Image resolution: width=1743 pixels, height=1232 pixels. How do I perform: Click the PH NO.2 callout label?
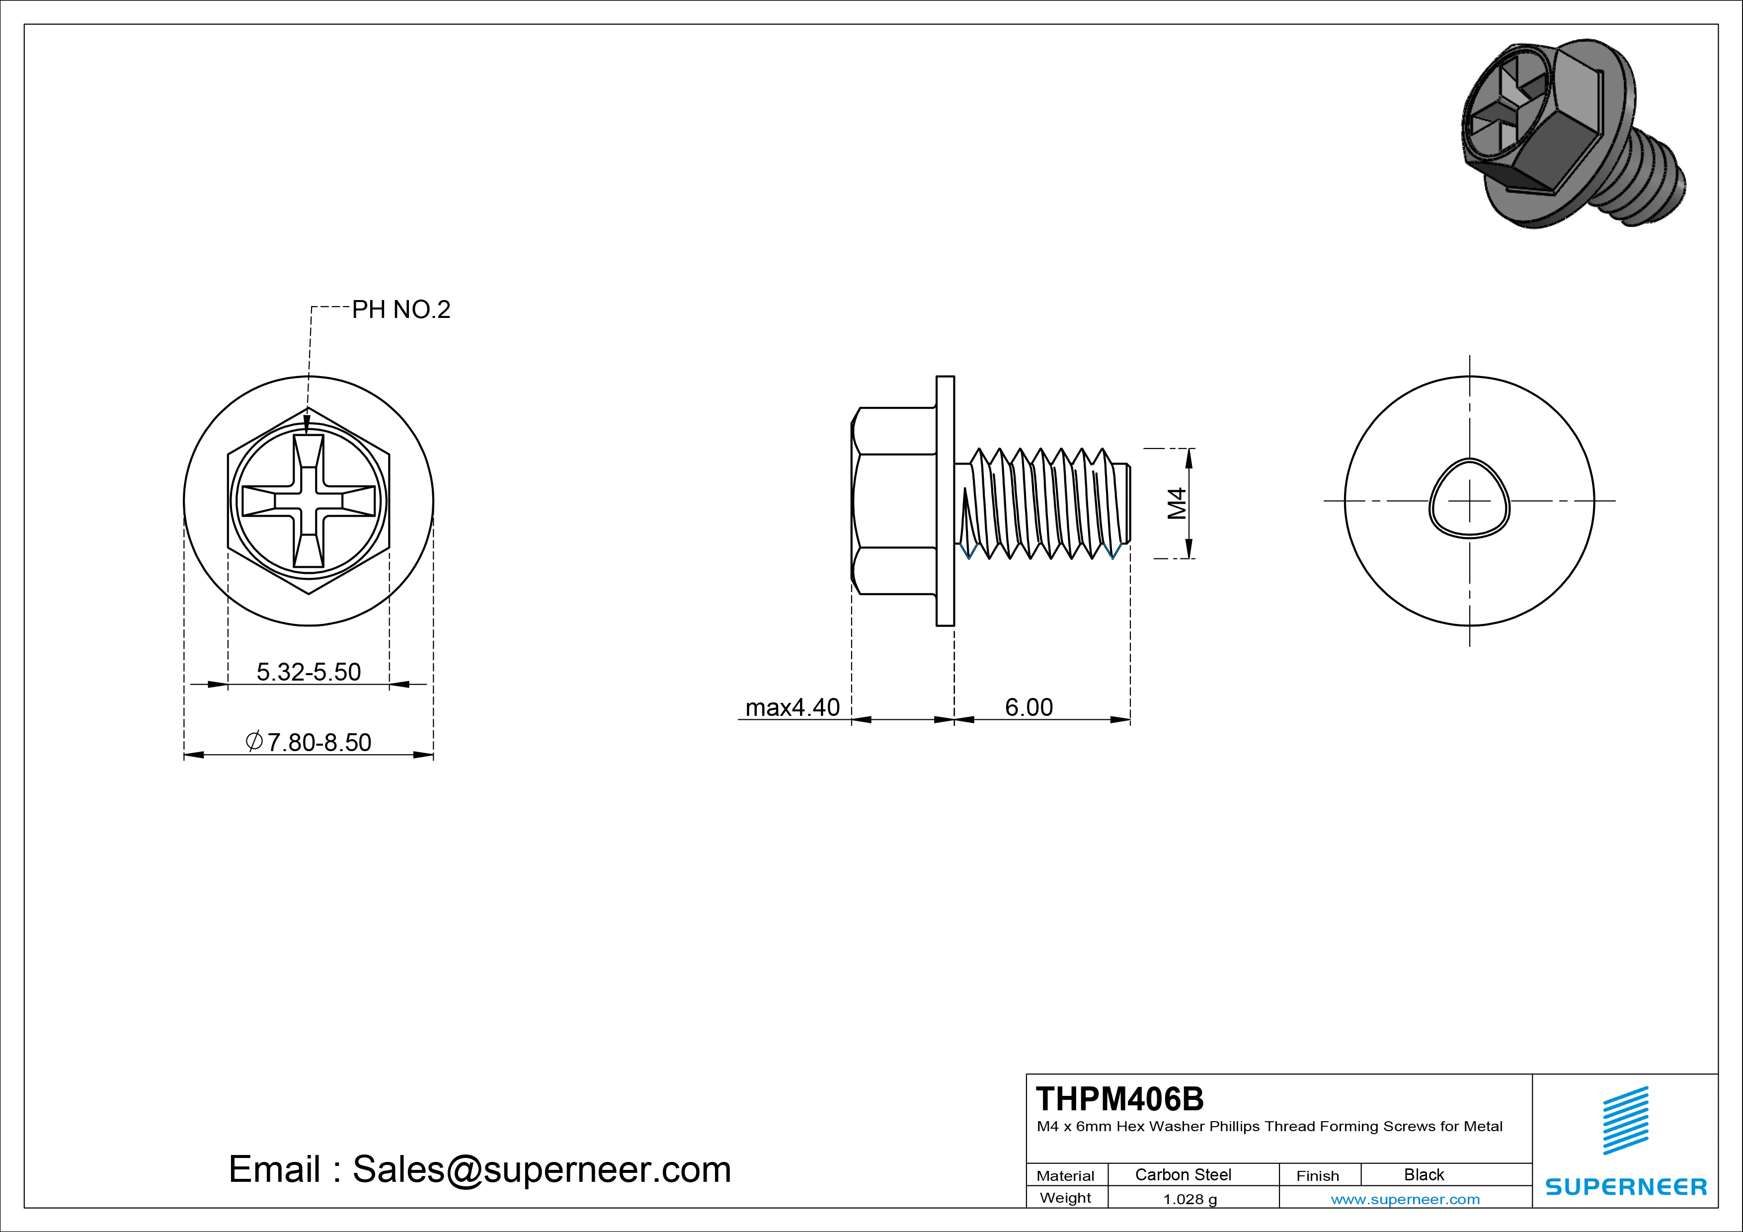[x=401, y=309]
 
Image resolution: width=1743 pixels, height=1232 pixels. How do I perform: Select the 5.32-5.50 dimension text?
[x=308, y=672]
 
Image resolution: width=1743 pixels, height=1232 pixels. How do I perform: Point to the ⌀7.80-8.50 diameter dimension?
[x=308, y=742]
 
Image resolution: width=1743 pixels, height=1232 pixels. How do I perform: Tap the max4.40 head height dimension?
[x=792, y=707]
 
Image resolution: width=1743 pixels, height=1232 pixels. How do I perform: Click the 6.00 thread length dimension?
[x=1029, y=707]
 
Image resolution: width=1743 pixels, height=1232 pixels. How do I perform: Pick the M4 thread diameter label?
[x=1177, y=503]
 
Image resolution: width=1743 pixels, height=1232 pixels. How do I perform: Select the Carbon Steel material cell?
[x=1183, y=1174]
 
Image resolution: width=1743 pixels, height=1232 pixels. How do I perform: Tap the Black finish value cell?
[x=1424, y=1174]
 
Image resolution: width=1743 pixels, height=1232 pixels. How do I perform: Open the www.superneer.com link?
[x=1405, y=1199]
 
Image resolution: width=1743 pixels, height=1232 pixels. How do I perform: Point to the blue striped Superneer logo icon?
[x=1625, y=1120]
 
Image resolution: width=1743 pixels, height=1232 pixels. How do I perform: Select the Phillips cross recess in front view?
[x=308, y=501]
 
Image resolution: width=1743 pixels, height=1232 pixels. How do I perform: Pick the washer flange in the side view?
[x=945, y=501]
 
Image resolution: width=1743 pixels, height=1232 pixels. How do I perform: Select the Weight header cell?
[x=1066, y=1198]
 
